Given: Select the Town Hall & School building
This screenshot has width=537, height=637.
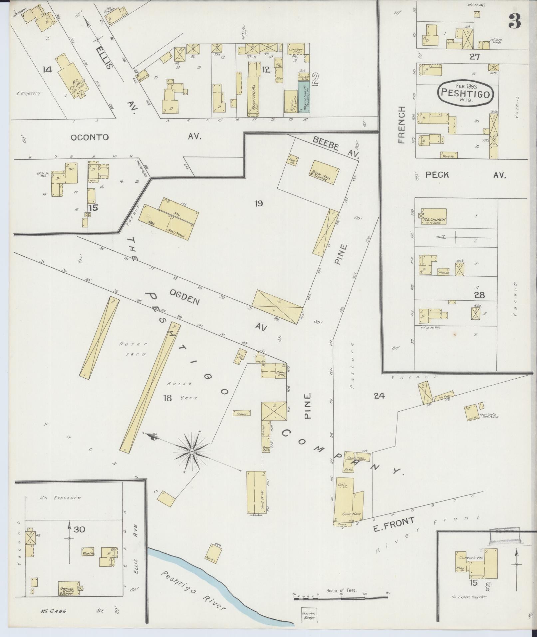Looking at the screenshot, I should [x=323, y=172].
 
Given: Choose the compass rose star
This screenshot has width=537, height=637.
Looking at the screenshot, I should [x=192, y=451].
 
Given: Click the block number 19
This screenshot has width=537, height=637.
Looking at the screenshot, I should [x=259, y=203].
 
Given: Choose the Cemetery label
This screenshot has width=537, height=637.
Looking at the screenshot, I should [x=28, y=93].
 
